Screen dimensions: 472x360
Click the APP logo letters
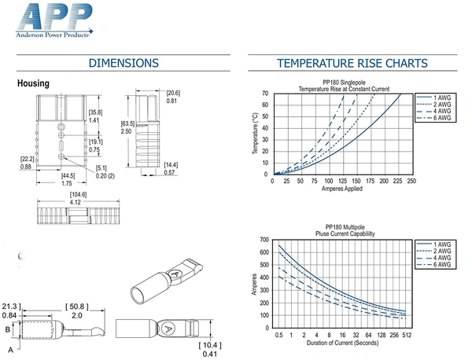tap(54, 17)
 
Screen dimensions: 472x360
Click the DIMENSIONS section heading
tap(124, 63)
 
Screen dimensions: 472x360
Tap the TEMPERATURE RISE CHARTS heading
tap(352, 63)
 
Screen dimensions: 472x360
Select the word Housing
tap(33, 83)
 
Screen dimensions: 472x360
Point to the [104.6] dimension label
tap(78, 195)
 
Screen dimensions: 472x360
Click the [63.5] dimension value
tap(127, 123)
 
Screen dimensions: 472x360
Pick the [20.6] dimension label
tap(173, 93)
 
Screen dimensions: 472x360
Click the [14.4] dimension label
tap(171, 165)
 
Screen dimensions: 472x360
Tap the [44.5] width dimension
tap(68, 175)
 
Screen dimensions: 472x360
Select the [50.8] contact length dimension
tap(77, 307)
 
